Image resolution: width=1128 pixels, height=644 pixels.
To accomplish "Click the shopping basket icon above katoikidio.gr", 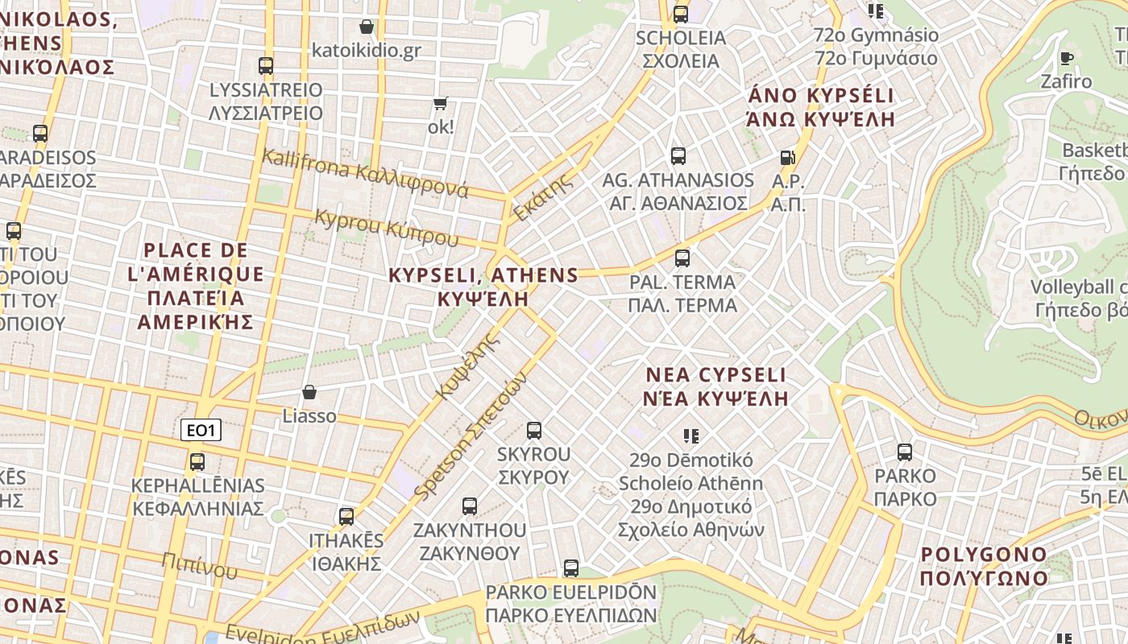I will tap(367, 27).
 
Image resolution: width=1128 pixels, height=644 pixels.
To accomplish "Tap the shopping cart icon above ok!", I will tap(440, 103).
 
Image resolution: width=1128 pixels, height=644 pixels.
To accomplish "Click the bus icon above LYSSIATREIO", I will tap(265, 65).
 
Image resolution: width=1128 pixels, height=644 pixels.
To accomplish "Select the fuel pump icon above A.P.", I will tap(787, 158).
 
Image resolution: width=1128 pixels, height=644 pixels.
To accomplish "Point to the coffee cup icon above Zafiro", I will tap(1067, 57).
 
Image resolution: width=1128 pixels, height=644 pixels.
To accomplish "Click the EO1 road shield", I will tap(201, 431).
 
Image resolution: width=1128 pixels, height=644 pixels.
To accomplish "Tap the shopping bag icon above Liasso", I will tap(309, 392).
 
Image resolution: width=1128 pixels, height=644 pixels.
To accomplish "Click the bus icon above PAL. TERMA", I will tap(682, 258).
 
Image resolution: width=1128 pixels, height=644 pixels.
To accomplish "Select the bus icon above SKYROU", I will tap(533, 431).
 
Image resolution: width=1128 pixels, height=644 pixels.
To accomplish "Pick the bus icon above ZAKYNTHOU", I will tap(470, 506).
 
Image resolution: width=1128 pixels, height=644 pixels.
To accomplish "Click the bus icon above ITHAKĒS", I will tap(346, 516).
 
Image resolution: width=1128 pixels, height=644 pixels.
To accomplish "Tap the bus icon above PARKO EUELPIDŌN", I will tap(571, 568).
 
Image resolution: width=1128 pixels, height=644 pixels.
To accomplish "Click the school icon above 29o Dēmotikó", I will tap(690, 436).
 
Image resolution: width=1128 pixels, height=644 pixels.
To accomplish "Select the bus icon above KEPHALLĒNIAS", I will tap(197, 462).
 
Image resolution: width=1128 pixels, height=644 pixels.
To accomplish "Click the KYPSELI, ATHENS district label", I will tap(483, 287).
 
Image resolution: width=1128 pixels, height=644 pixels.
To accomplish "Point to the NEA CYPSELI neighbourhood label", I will tap(716, 386).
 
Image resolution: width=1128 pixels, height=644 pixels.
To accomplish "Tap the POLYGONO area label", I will tap(984, 566).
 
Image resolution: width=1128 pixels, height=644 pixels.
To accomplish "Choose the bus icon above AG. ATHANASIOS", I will tap(678, 156).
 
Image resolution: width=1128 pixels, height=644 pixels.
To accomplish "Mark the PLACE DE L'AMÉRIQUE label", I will tap(195, 286).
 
